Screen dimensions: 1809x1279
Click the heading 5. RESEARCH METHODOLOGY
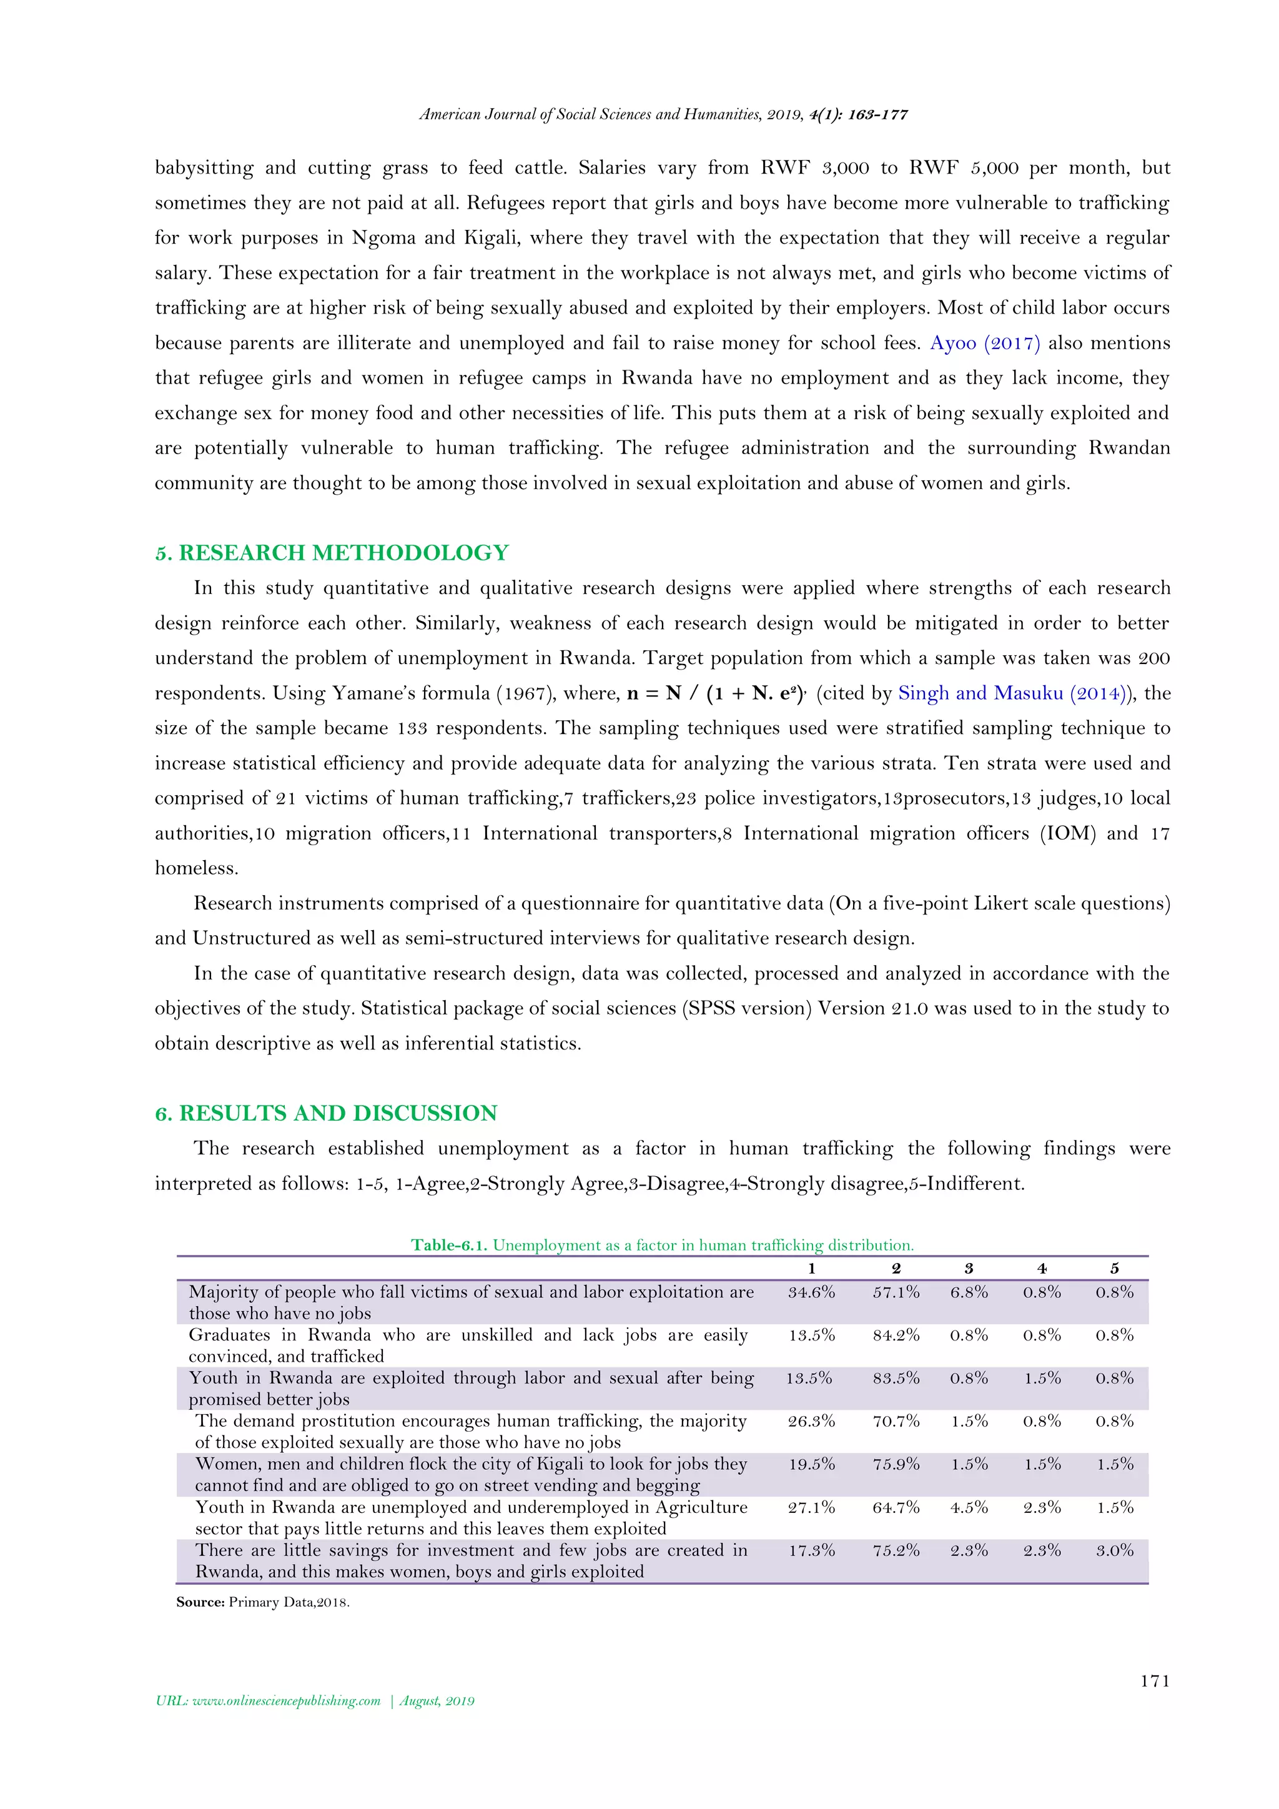[332, 552]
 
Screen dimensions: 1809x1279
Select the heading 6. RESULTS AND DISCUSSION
[326, 1113]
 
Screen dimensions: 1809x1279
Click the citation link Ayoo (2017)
[984, 343]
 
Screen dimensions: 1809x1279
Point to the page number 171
[1155, 1680]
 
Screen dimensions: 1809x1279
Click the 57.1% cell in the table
[896, 1292]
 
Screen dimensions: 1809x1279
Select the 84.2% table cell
[896, 1335]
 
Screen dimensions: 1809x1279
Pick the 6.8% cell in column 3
[968, 1292]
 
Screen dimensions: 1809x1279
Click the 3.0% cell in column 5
[1114, 1550]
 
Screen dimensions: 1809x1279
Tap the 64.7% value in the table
[896, 1507]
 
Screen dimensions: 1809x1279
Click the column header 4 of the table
[1041, 1269]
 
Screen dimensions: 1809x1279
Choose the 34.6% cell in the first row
[811, 1292]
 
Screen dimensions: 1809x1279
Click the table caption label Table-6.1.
[449, 1245]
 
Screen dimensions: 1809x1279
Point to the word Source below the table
[200, 1602]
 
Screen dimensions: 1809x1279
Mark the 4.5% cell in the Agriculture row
[968, 1507]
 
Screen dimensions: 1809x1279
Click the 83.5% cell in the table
[896, 1378]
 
